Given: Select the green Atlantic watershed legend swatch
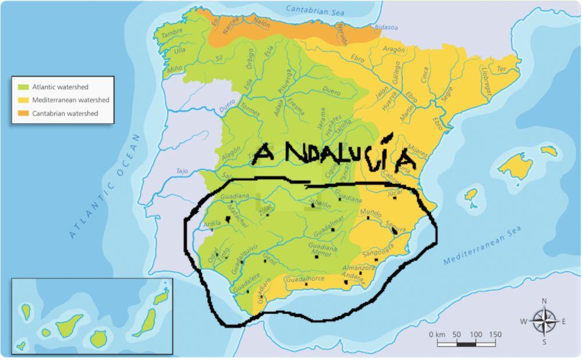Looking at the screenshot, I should tap(23, 87).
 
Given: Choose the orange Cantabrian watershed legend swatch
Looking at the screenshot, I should tap(23, 113).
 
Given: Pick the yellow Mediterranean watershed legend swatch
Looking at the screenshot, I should tap(23, 100).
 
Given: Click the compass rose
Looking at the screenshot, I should tap(544, 322).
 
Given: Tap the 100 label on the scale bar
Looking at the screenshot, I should tap(475, 334).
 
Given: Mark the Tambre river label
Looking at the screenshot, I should tap(172, 34).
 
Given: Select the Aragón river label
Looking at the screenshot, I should tap(394, 50).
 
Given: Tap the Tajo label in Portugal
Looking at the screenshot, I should tap(183, 171).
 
